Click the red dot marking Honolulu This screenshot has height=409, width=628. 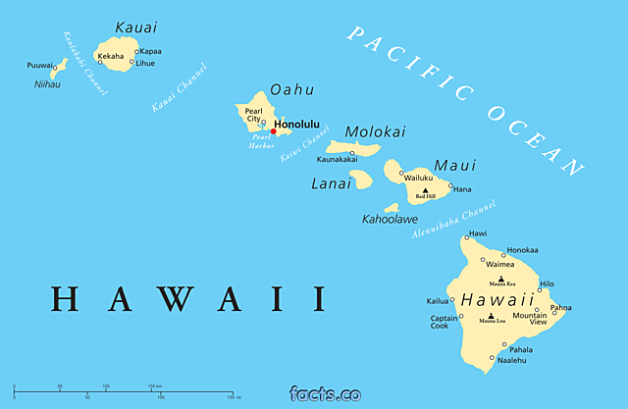(273, 131)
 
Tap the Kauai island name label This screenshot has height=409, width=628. (135, 26)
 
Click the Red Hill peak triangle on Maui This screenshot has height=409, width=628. (425, 190)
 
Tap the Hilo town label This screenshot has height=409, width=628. (547, 283)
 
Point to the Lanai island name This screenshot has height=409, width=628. (331, 182)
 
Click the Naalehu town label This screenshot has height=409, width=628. (511, 360)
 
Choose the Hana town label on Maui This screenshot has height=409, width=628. (461, 189)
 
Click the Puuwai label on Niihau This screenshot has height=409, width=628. (40, 66)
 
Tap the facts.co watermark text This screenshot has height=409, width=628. (325, 394)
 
